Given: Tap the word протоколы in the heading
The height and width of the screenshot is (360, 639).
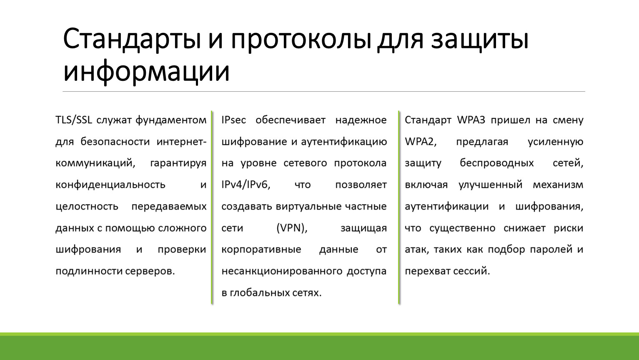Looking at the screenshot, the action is click(301, 40).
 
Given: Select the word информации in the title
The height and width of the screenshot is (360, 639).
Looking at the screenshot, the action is click(146, 71).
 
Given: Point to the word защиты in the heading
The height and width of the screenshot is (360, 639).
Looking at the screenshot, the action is click(479, 40).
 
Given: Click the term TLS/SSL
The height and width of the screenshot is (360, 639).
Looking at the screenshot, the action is click(74, 120).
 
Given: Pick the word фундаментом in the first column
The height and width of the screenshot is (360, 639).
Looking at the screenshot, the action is click(171, 120).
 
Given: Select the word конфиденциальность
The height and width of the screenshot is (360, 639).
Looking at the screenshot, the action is click(110, 185).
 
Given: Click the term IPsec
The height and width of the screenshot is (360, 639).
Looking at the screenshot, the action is click(234, 120).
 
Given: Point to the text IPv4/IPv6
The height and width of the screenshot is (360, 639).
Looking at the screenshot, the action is click(246, 185).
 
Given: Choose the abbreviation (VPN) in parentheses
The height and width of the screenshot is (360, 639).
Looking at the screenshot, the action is click(292, 228).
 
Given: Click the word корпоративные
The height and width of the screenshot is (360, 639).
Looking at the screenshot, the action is click(261, 250).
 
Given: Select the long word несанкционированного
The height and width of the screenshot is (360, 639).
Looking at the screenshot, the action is click(282, 271).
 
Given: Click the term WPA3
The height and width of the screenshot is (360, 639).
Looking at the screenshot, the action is click(471, 120).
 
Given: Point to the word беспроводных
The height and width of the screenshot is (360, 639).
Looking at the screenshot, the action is click(496, 163).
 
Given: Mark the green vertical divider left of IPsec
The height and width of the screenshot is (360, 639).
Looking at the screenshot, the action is click(212, 207).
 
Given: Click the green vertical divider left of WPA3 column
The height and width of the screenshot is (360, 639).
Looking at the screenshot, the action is click(399, 207).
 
